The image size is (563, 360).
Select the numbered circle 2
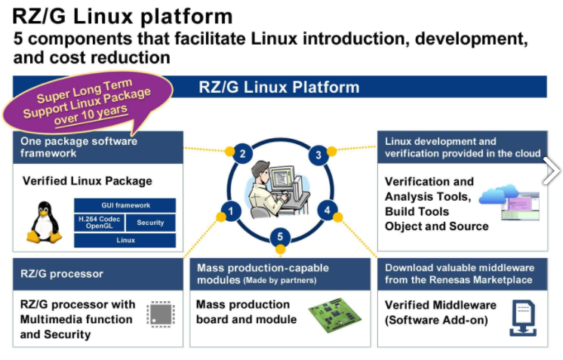pos(242,154)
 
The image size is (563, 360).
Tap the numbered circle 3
pos(318,155)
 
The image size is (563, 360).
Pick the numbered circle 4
pos(327,209)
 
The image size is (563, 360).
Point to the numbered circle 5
pos(280,238)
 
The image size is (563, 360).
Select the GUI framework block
pos(125,205)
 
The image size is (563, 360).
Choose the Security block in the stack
pos(150,223)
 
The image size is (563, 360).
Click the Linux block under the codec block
pos(125,240)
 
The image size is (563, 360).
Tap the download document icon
pos(523,316)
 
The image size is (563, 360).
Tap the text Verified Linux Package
pos(88,181)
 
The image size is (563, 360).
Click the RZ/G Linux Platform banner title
pos(279,86)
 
